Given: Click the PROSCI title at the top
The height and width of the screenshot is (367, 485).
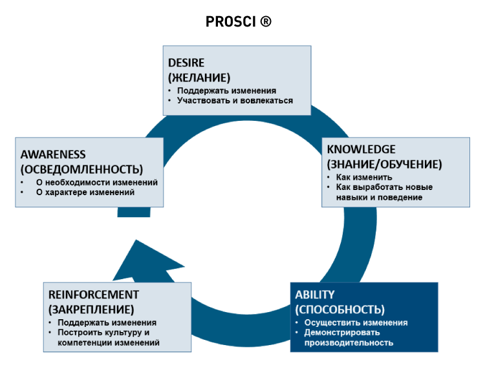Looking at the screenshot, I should (231, 21).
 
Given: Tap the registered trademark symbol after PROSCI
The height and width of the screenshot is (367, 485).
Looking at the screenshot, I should (265, 21).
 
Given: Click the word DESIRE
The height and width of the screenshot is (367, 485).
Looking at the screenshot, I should (186, 63).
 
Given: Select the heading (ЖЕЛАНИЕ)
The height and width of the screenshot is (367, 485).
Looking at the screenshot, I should (199, 77).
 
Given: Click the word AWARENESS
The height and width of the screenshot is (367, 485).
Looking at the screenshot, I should (53, 154).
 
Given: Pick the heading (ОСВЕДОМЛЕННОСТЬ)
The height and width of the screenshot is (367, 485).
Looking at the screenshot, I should (81, 169).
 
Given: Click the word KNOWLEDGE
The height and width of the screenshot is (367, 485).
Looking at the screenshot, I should (361, 149).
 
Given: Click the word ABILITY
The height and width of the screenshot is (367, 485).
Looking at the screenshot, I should (315, 295).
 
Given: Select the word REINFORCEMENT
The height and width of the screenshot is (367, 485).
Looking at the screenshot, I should (93, 295).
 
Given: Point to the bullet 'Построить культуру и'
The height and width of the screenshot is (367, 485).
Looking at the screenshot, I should (103, 333).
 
